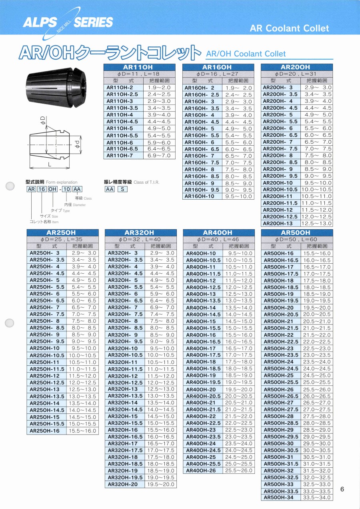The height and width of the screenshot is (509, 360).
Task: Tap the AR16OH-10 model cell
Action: (202, 196)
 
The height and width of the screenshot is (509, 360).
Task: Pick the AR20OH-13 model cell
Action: (278, 224)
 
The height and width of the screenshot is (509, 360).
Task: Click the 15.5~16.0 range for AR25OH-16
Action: (83, 431)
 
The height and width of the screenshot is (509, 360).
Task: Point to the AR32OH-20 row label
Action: (123, 484)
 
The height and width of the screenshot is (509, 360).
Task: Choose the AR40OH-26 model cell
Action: (201, 471)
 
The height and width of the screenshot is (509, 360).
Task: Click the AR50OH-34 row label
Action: (278, 498)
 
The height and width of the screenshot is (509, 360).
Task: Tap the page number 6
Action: (342, 489)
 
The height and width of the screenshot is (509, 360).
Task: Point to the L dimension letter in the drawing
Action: (49, 164)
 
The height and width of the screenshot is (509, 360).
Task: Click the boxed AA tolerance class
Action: (109, 189)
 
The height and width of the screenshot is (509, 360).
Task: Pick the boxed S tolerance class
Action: (122, 189)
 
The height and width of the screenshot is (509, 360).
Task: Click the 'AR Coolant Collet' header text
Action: (289, 28)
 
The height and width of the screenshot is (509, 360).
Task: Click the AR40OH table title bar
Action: (218, 232)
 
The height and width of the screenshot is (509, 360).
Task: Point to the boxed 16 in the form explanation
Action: (42, 189)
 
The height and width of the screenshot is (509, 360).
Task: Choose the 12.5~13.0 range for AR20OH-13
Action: (316, 224)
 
